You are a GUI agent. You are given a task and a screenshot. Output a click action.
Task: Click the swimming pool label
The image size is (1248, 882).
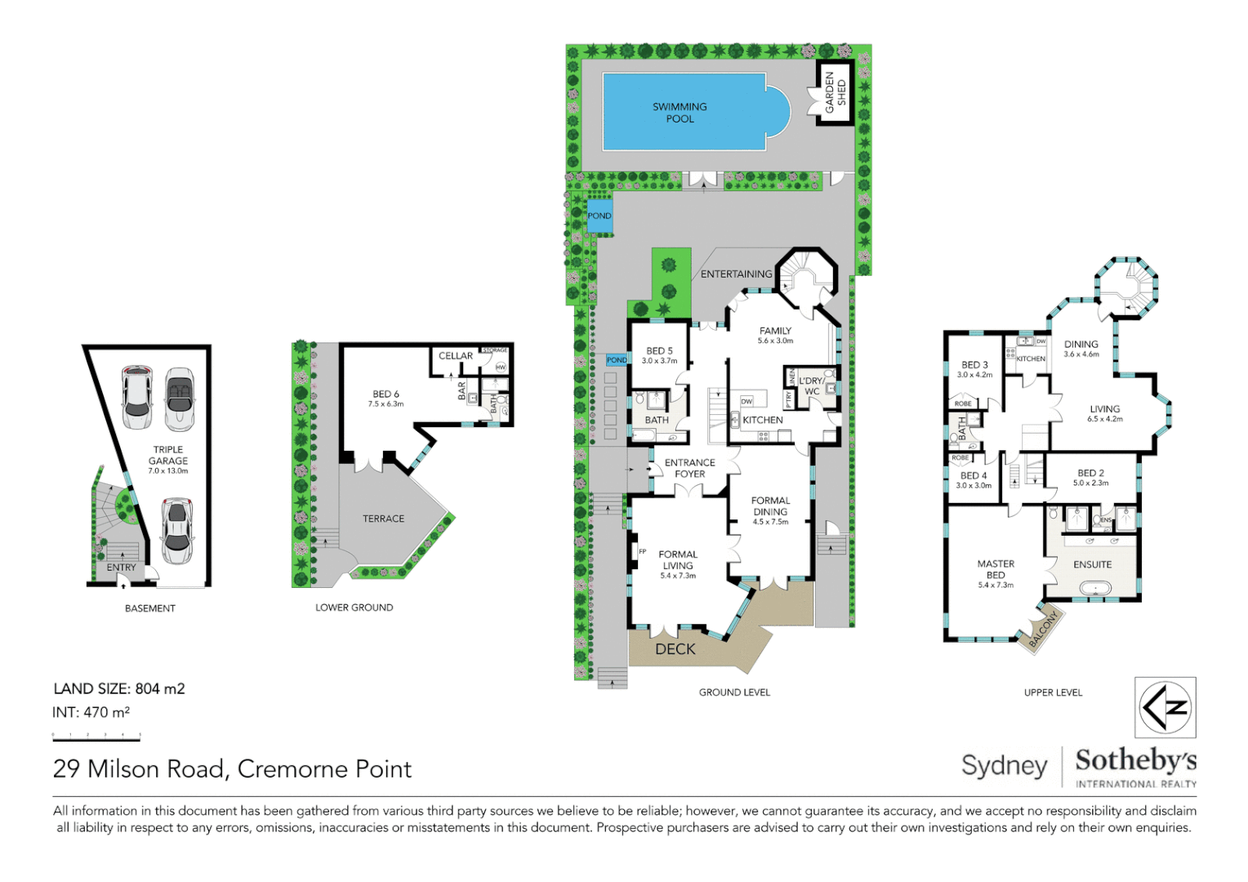tap(680, 113)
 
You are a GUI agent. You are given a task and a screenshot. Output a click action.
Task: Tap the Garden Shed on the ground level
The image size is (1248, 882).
tap(835, 92)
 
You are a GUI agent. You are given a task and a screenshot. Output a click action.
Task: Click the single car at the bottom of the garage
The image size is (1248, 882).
tap(177, 531)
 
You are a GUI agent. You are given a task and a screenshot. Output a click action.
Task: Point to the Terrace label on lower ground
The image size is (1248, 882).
tap(383, 519)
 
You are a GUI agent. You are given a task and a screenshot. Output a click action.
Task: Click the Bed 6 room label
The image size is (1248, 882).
tap(386, 398)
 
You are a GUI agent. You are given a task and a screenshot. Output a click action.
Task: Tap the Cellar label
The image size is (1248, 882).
tap(455, 356)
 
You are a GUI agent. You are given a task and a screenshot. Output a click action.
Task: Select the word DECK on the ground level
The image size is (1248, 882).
tap(675, 649)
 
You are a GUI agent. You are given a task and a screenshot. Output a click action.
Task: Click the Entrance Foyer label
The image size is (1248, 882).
tap(689, 468)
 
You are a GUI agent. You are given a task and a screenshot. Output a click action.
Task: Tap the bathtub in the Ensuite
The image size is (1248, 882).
tap(1093, 588)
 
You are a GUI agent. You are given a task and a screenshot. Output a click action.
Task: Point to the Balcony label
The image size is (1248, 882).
tap(1043, 629)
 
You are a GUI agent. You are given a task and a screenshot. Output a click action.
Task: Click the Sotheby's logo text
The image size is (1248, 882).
tap(1135, 761)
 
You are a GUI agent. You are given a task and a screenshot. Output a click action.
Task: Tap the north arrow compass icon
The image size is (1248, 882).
tap(1166, 707)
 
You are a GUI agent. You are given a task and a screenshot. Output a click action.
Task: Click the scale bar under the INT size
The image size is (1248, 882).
tap(96, 737)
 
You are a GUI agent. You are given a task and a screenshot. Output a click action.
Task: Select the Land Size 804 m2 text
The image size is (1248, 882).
tap(119, 688)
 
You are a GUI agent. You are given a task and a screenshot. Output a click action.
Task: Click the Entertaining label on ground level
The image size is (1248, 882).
tap(736, 274)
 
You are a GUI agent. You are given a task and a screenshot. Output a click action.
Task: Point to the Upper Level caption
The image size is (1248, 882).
tap(1053, 693)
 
